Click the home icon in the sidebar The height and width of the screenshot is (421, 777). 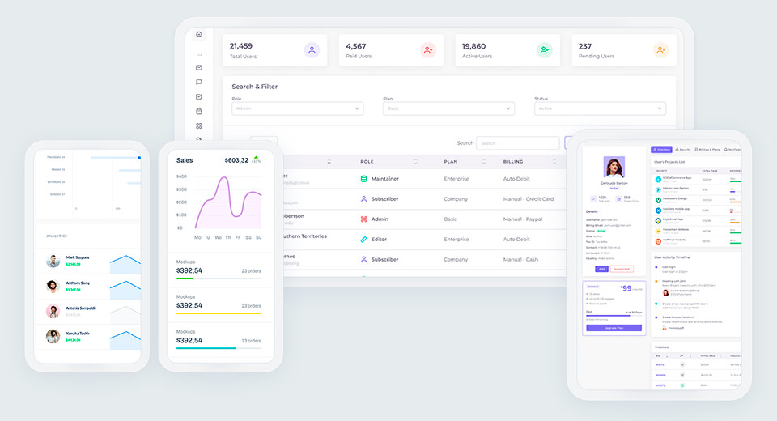(199, 34)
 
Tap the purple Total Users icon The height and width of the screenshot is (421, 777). (312, 50)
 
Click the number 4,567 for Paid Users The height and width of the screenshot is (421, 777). (356, 46)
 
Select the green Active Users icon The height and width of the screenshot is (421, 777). (545, 50)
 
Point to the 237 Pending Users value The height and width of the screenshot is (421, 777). (585, 46)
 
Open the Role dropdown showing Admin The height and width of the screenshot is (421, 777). (297, 108)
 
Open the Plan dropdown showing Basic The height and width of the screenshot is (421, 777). (448, 108)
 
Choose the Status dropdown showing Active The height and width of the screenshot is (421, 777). (600, 108)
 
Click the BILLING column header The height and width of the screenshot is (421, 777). (513, 162)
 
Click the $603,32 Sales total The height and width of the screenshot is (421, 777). (236, 160)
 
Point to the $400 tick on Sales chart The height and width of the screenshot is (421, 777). (181, 176)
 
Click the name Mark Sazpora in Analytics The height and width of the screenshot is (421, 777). (78, 257)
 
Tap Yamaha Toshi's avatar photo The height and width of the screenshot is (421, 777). (53, 336)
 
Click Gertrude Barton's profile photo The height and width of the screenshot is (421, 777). (614, 167)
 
